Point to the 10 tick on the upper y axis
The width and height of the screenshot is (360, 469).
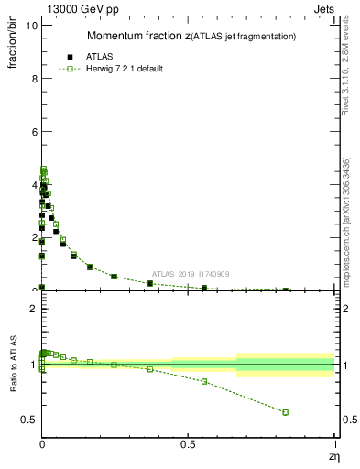[31, 26]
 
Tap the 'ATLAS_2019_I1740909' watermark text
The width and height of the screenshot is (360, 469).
[191, 274]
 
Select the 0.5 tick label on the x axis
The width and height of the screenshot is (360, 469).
[188, 446]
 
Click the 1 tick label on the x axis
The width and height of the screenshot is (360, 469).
[334, 446]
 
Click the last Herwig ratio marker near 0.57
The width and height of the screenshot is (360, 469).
[286, 412]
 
